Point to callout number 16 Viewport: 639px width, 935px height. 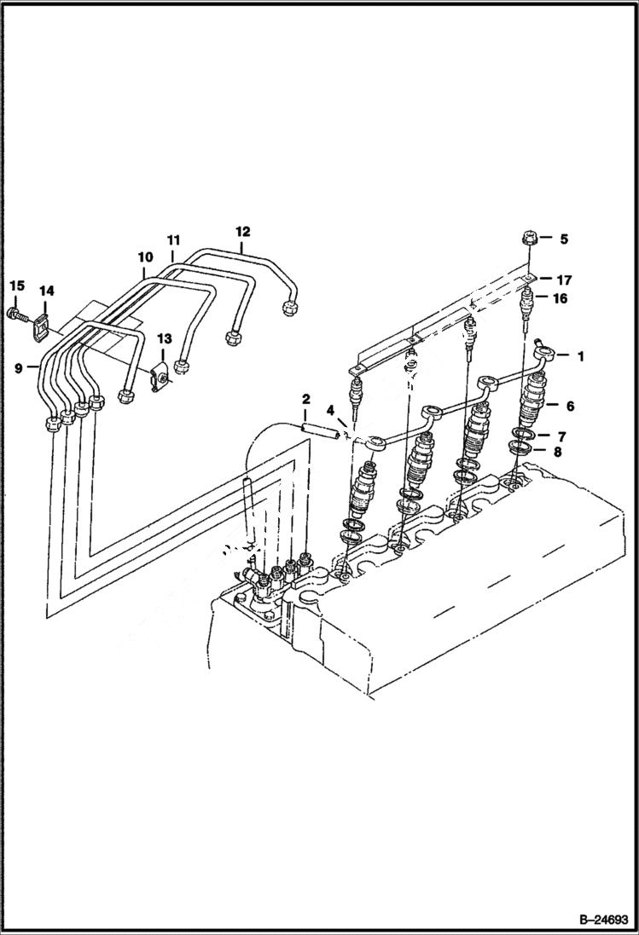pyautogui.click(x=561, y=298)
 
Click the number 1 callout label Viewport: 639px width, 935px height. pyautogui.click(x=581, y=356)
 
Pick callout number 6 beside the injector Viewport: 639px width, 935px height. pyautogui.click(x=569, y=407)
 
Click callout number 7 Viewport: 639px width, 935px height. pyautogui.click(x=561, y=436)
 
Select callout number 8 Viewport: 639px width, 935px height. pyautogui.click(x=557, y=453)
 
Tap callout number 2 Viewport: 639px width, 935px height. pyautogui.click(x=305, y=399)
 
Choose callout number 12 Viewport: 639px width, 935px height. pyautogui.click(x=243, y=231)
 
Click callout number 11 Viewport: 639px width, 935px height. pyautogui.click(x=174, y=241)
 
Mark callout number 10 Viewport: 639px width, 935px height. pyautogui.click(x=144, y=257)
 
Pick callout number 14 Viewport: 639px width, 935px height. pyautogui.click(x=46, y=291)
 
